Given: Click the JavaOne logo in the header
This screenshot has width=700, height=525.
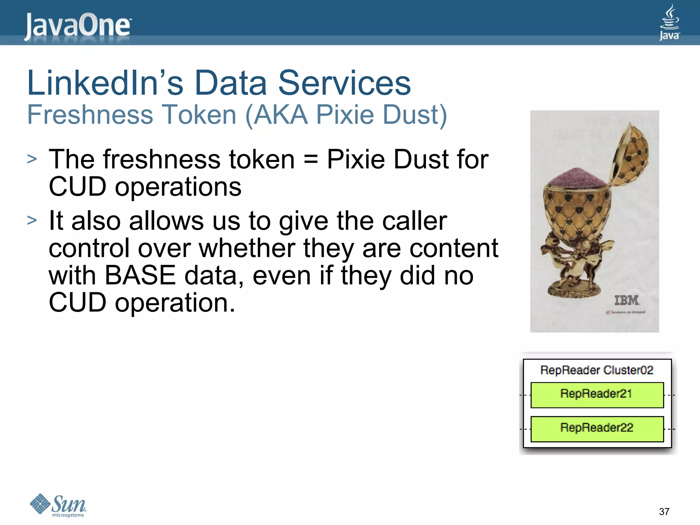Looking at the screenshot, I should pyautogui.click(x=78, y=26).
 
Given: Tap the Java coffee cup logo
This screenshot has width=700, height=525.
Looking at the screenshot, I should pyautogui.click(x=669, y=23).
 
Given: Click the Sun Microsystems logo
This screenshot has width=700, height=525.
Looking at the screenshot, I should pyautogui.click(x=58, y=505).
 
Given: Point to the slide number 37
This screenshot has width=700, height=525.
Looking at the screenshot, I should pyautogui.click(x=664, y=512).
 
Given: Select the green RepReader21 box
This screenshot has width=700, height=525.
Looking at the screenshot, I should pyautogui.click(x=597, y=395).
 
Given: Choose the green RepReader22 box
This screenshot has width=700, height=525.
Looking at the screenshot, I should pyautogui.click(x=597, y=429).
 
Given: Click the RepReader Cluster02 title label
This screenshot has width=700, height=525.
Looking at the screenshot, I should pyautogui.click(x=597, y=370).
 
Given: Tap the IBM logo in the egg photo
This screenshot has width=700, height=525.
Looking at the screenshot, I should pyautogui.click(x=626, y=300).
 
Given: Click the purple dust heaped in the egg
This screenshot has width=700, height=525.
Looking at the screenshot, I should pyautogui.click(x=575, y=177).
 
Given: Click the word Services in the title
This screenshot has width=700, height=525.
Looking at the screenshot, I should pyautogui.click(x=344, y=83).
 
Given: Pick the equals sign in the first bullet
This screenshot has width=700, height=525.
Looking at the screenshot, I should pyautogui.click(x=310, y=160).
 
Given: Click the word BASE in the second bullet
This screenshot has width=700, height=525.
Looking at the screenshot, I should pyautogui.click(x=140, y=275).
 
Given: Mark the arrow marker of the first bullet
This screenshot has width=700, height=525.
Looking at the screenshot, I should pyautogui.click(x=32, y=159).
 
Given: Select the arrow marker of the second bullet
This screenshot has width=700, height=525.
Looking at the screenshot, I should pyautogui.click(x=32, y=220).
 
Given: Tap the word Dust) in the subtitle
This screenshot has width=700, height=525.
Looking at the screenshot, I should pyautogui.click(x=415, y=115).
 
